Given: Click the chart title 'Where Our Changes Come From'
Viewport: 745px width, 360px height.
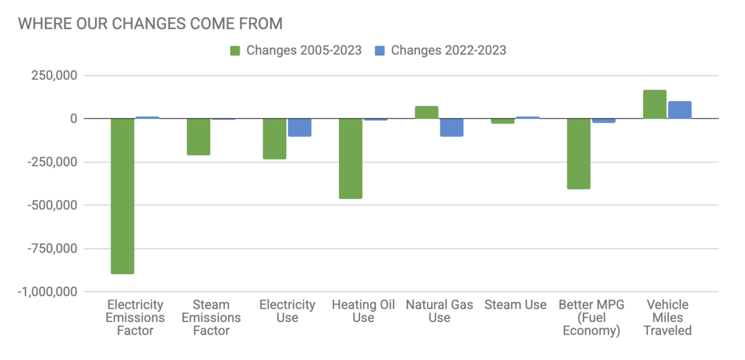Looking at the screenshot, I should coord(150,24).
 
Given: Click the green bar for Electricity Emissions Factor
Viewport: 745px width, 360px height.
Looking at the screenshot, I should coord(123,196).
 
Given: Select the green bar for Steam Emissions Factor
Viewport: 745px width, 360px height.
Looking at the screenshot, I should coord(199,137).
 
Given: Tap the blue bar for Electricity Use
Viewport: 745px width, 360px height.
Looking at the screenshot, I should coord(299,127).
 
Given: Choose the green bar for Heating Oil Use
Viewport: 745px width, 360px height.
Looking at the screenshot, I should coord(351,158).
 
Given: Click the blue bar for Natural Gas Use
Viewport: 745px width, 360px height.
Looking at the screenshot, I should coord(451,127).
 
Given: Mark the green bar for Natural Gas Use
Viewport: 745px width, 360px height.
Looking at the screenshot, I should coord(427,112).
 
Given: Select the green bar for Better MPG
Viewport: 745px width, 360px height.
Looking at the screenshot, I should coord(579,153).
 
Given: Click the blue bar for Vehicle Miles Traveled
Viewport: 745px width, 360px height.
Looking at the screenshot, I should coord(679,110).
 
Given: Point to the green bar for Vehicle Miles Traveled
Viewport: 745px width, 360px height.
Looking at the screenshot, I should coord(654,104).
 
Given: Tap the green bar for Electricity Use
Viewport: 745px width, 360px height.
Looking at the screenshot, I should coord(274,139).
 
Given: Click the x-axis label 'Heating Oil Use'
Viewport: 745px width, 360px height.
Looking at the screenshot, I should coord(363,311).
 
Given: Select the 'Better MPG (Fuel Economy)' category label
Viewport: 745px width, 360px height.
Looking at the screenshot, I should coord(591,317).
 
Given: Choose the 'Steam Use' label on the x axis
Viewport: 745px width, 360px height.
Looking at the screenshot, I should coord(515,305).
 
